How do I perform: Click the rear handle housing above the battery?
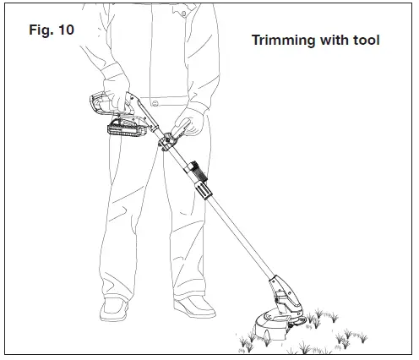click(106, 103)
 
